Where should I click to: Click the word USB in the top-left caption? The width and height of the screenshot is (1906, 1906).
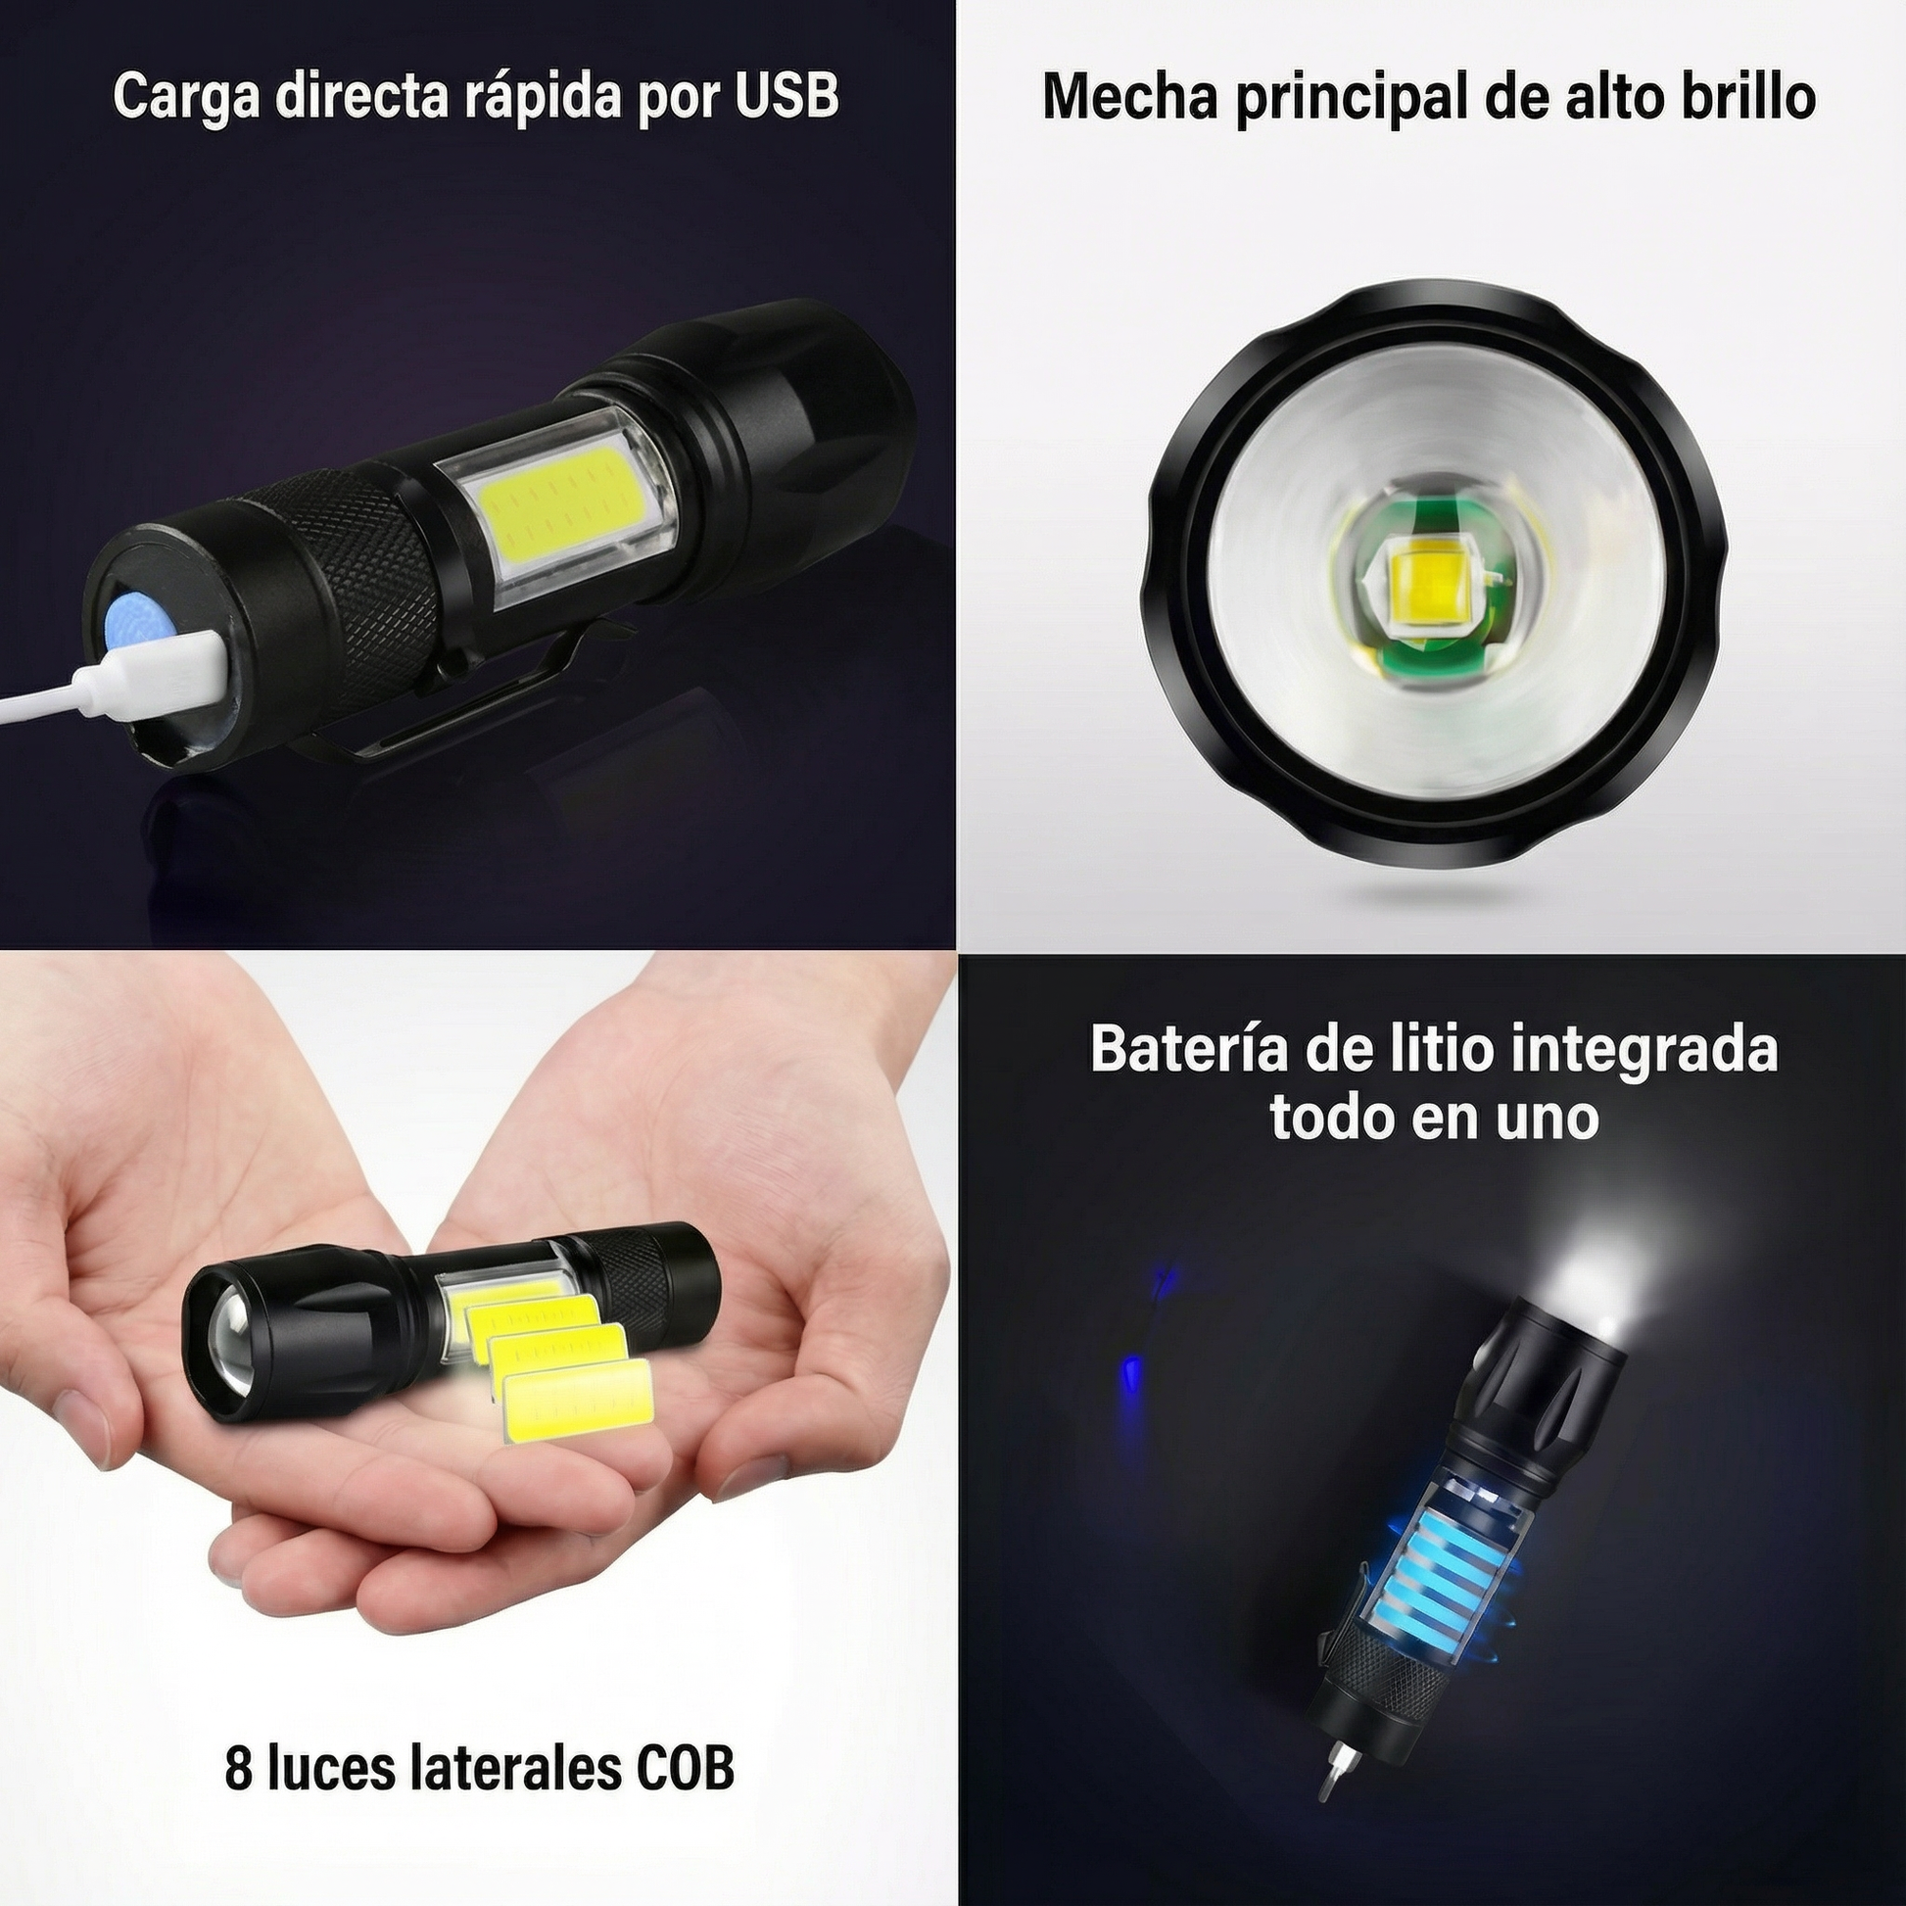(787, 96)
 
